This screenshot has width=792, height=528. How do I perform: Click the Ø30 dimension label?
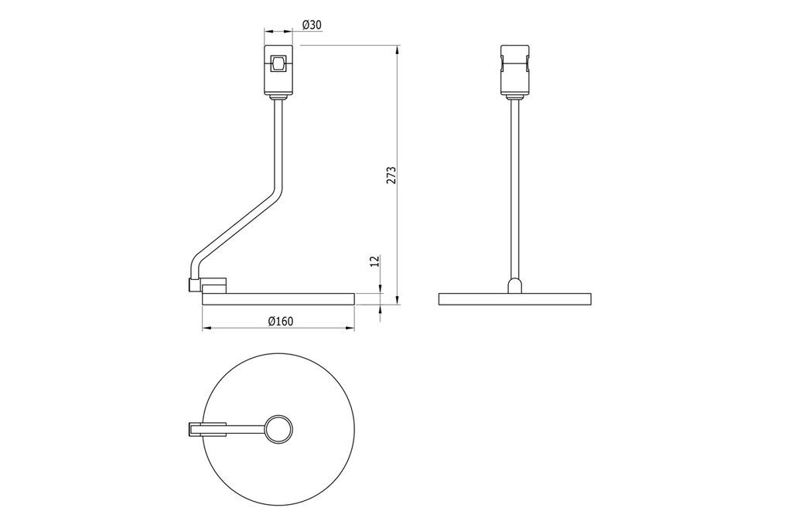point(312,24)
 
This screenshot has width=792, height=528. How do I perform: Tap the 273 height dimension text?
point(391,175)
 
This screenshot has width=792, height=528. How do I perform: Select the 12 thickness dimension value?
point(374,261)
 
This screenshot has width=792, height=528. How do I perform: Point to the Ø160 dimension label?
point(281,321)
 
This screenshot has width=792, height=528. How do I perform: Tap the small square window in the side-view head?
point(278,64)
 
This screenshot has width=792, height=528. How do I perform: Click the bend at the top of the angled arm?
point(278,191)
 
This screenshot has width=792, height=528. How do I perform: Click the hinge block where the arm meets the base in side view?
point(207,285)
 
